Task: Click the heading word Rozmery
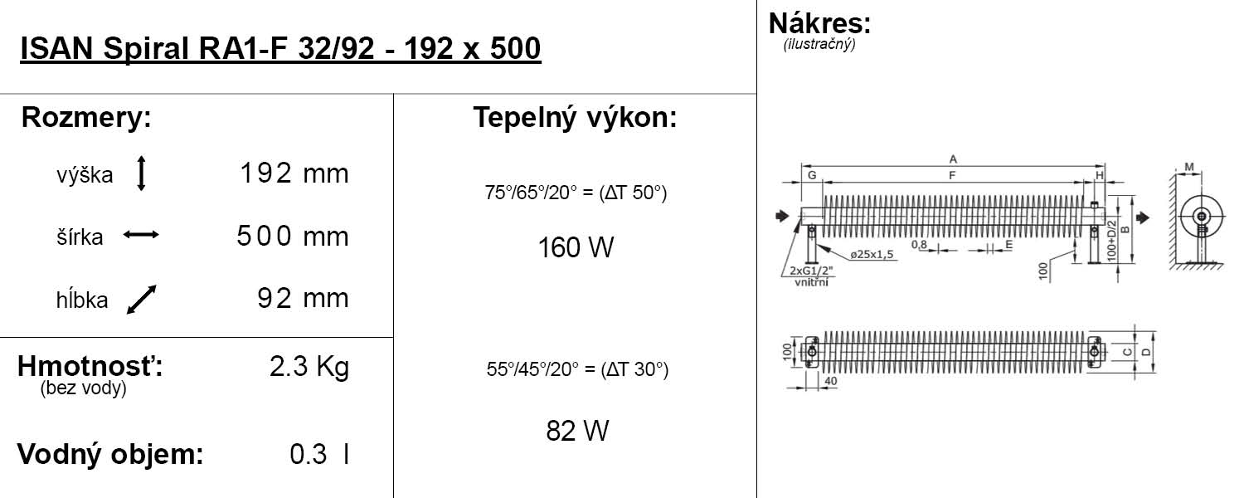86,118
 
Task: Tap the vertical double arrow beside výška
141,174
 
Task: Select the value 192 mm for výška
294,174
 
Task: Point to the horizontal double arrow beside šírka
141,236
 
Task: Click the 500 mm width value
292,237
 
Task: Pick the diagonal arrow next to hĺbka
141,300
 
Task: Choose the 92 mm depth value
303,299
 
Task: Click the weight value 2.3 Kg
309,367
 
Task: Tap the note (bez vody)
83,389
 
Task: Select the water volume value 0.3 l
318,455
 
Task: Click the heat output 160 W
576,247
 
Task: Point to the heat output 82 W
577,431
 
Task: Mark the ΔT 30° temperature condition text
577,370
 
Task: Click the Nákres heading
819,23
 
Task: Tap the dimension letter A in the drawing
953,159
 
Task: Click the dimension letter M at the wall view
1188,168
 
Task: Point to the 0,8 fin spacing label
919,245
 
